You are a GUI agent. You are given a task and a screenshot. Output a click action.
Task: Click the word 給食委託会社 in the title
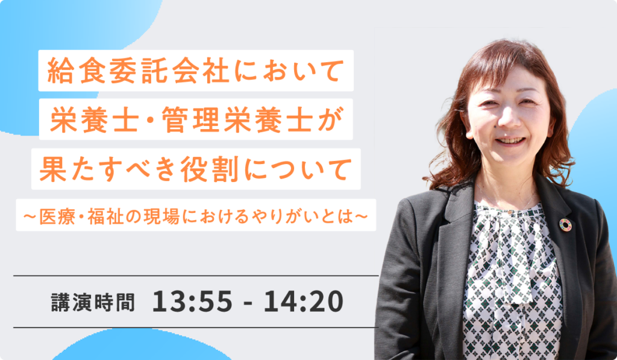138,71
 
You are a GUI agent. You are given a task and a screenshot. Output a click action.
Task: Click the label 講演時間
93,302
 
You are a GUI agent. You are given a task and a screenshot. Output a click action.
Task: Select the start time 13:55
192,302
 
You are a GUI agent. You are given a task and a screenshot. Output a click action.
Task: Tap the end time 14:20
304,302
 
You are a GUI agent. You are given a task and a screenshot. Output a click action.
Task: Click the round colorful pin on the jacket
565,224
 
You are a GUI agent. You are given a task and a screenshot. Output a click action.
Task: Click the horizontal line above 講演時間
196,276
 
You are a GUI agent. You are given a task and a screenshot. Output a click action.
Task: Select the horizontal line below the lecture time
196,327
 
